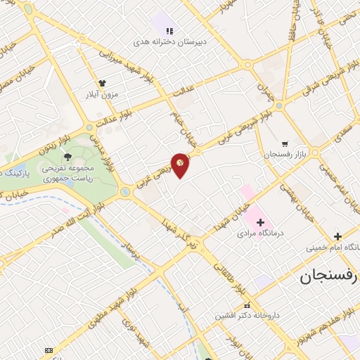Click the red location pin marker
[181, 165]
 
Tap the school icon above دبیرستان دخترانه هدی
[169, 31]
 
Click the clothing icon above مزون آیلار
[103, 82]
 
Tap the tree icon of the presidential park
[67, 156]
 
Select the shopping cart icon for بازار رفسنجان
[284, 143]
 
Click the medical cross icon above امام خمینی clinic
[338, 236]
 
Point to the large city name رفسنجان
[328, 276]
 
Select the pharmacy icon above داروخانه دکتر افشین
[247, 305]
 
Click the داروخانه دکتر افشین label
[247, 316]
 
